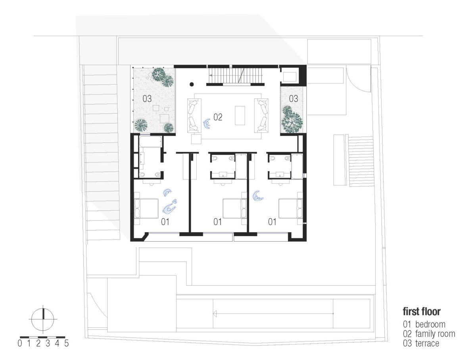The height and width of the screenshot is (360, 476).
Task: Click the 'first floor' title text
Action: coord(421,312)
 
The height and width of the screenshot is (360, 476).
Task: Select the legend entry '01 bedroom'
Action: coord(424,324)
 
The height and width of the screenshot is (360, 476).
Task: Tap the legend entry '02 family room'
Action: coord(429,334)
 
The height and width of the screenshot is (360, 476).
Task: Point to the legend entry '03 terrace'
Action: coord(421,343)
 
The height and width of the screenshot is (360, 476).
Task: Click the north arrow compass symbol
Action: coord(43,319)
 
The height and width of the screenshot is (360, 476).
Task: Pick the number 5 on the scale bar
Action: coord(66,343)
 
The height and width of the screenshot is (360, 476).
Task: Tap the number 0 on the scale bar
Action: coord(20,343)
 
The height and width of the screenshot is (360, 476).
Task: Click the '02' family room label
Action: coord(218,117)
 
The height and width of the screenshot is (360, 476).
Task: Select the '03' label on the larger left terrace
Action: coord(147,99)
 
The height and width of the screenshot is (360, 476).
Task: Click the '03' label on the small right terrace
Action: coord(294,99)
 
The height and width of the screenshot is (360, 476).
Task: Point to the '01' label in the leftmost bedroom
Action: coord(165,222)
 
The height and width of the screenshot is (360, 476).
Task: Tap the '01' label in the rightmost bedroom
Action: coord(272,222)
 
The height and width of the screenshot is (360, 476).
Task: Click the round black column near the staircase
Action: coord(192,85)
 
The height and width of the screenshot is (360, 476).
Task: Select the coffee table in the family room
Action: coord(240,116)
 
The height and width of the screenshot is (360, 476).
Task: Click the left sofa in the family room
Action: coord(194,116)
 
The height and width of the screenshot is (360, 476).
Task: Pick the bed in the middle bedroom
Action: coord(235,208)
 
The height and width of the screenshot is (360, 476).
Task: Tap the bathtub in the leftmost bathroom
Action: coord(150,142)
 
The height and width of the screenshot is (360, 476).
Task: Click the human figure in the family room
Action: coord(207,124)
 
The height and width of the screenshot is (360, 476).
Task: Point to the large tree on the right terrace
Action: coord(292,122)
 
